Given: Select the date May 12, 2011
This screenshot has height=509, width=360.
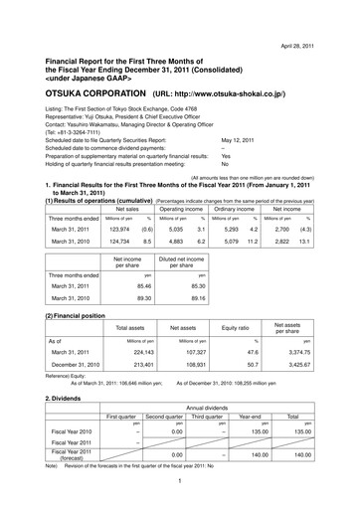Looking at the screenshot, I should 240,141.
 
